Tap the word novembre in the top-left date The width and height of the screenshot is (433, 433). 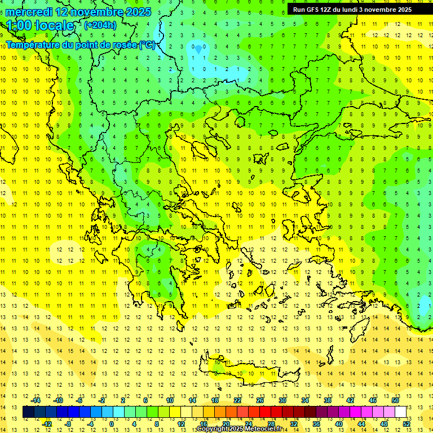coord(99,12)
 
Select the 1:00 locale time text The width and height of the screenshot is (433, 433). coord(41,25)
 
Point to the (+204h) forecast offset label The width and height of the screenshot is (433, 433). coord(100,25)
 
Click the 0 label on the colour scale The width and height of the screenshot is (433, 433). coord(112,424)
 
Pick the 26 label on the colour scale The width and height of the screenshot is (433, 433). coord(260,400)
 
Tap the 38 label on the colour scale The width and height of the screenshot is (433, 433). coord(327,400)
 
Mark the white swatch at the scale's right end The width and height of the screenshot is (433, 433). coord(401,412)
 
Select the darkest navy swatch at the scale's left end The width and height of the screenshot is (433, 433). coord(29,412)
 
